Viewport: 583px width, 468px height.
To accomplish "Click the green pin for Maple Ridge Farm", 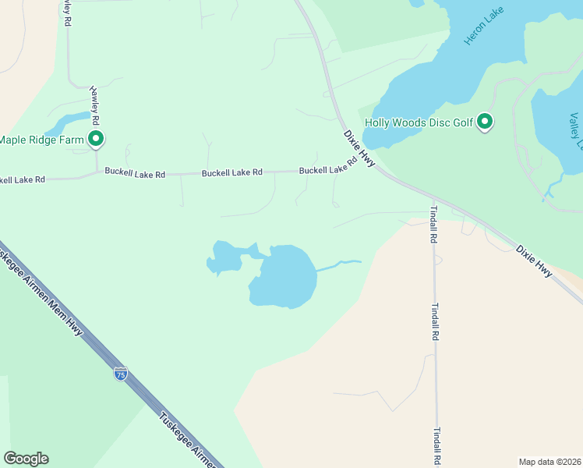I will point(96,139).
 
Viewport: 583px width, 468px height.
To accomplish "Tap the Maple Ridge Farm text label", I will point(41,140).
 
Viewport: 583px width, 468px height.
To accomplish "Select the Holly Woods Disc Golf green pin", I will point(485,122).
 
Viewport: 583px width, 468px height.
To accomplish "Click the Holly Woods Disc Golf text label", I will point(419,122).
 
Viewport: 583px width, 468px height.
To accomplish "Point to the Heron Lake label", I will point(484,27).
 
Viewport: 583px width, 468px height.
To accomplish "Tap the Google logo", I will point(26,459).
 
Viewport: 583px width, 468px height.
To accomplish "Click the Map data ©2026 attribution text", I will point(549,461).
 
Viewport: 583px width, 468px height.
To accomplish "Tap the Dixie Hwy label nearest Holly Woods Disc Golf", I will point(359,148).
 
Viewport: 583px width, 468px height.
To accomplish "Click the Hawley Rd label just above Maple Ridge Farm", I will point(96,105).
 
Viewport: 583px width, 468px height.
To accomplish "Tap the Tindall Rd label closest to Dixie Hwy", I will point(433,225).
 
